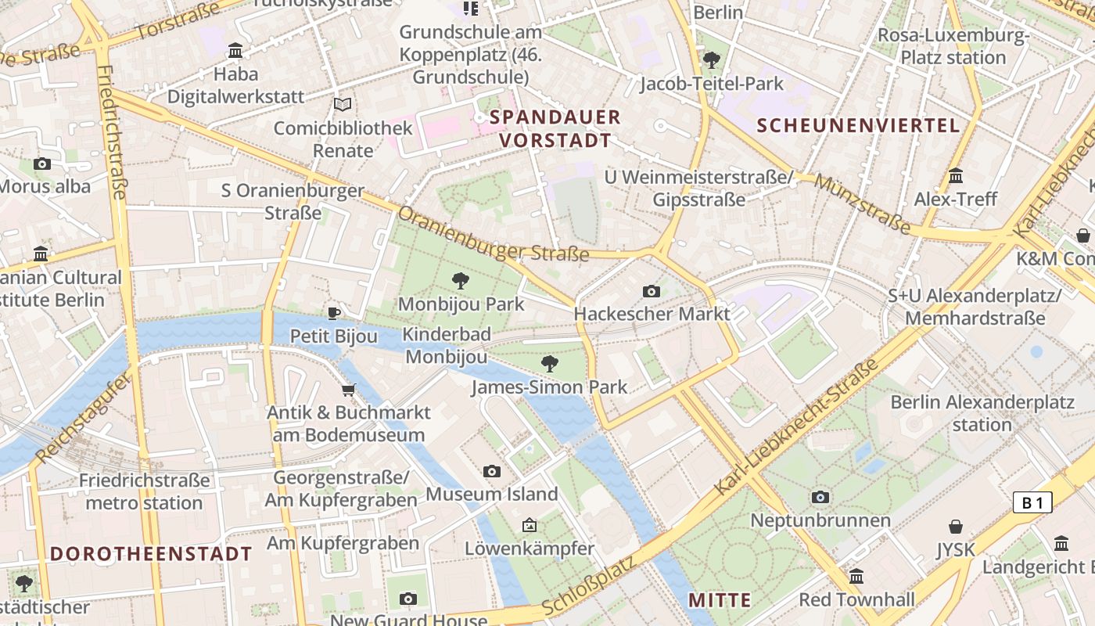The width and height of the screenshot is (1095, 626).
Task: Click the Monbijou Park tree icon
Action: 461,280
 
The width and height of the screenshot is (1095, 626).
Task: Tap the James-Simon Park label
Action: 549,387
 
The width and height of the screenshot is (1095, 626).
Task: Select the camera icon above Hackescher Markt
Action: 651,292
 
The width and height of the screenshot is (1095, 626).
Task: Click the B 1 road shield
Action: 1032,502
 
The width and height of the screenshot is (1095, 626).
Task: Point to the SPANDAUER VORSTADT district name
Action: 555,129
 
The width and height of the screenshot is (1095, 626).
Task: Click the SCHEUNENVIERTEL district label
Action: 858,125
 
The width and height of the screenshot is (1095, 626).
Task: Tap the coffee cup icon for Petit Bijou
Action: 334,314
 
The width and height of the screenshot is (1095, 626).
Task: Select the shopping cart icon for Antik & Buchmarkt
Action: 349,390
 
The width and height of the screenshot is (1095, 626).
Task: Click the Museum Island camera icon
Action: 491,471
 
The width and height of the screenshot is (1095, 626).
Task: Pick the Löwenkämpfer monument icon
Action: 530,525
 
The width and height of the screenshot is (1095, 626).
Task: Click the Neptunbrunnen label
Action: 820,520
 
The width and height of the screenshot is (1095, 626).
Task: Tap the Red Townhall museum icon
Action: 856,577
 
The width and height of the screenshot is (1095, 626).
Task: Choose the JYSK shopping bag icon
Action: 956,527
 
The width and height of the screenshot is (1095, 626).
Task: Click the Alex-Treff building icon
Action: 955,176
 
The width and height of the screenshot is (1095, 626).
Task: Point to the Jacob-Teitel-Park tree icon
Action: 712,59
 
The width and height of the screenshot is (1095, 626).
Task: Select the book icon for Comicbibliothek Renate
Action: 343,104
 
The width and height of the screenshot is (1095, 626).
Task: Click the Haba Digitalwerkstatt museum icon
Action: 235,51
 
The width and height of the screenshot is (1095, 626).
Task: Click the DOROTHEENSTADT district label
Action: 151,554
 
